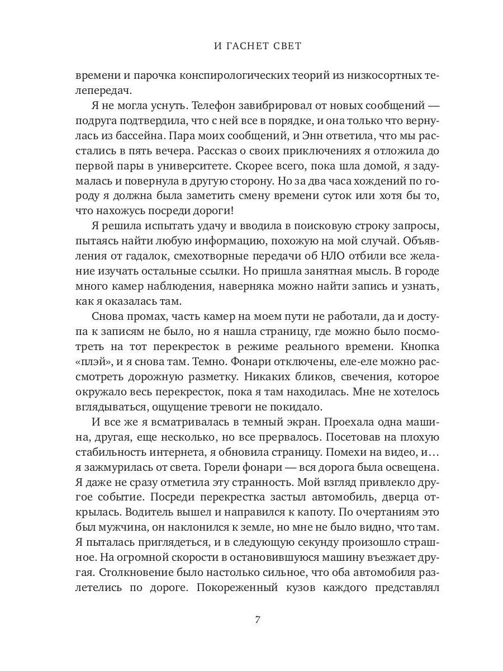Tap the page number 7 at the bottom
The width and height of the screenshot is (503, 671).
(258, 620)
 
